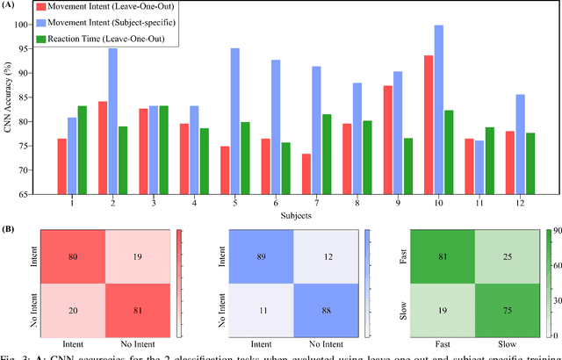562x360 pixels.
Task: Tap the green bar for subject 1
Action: click(x=82, y=149)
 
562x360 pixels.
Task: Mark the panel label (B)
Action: click(x=11, y=230)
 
